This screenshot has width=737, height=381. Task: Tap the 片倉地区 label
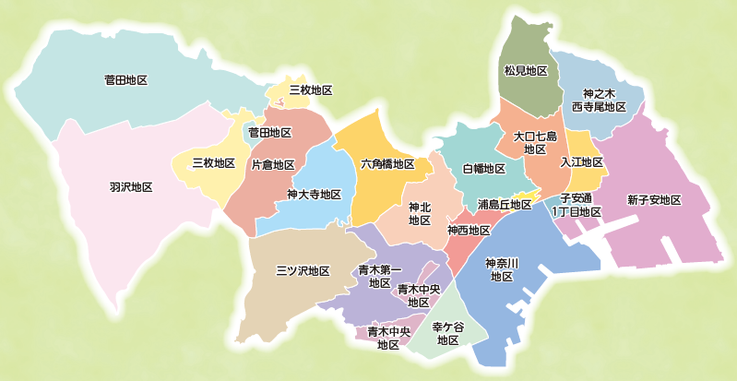[273, 165]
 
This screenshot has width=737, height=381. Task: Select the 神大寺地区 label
[314, 195]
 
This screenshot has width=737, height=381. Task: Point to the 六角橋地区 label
[387, 165]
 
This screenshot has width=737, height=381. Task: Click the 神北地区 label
[420, 214]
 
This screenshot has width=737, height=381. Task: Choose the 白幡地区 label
[483, 169]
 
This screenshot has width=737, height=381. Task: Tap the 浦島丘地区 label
[505, 204]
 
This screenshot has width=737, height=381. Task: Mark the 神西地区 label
[469, 230]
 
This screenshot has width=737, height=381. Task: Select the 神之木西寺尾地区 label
[599, 101]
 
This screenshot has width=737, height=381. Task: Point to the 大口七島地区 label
[535, 142]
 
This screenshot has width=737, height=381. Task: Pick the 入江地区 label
[581, 162]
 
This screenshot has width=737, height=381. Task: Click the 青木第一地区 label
[378, 277]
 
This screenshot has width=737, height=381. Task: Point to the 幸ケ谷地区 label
[448, 333]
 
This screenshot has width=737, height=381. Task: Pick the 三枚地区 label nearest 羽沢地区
[213, 163]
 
